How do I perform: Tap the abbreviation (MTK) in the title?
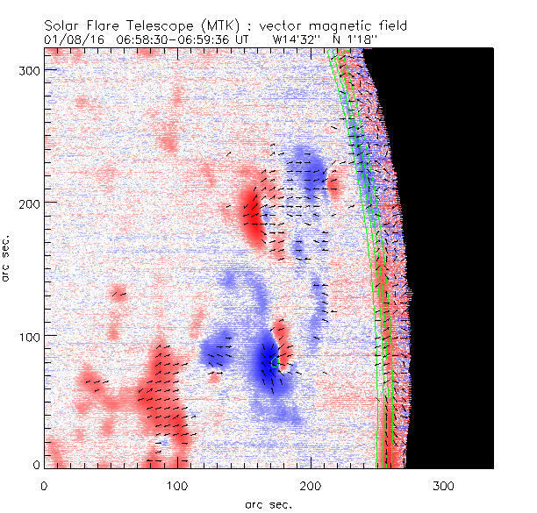217,25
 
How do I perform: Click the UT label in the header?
244,39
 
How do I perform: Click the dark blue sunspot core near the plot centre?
267,364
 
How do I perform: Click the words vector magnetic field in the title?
324,25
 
